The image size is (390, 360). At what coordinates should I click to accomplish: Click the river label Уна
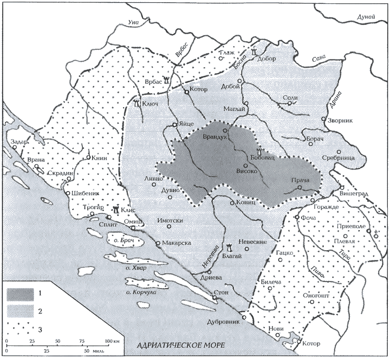130,23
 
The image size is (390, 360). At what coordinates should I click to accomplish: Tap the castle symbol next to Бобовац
259,152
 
